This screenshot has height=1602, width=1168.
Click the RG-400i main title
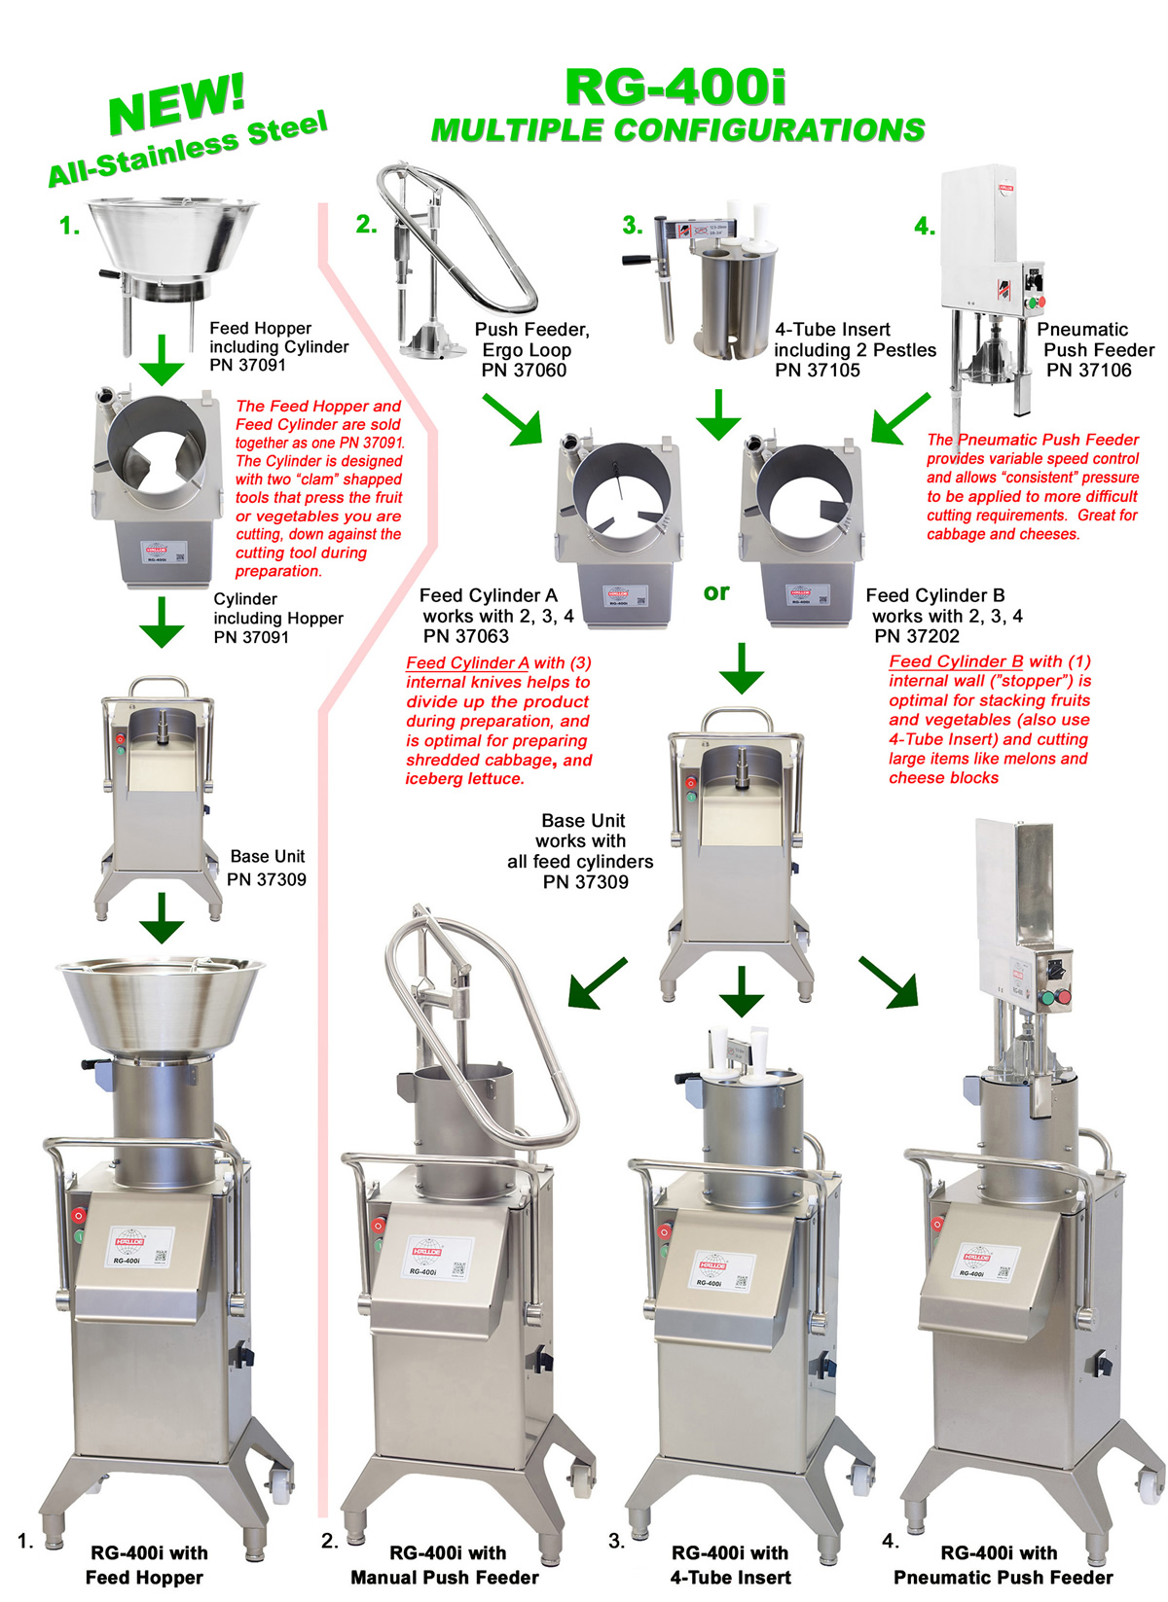(675, 88)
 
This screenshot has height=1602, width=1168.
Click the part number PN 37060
(524, 371)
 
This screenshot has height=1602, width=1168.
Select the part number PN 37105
(818, 371)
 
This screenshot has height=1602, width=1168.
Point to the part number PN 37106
(1088, 371)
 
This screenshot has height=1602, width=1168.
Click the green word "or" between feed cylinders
(716, 591)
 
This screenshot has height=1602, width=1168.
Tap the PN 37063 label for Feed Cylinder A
(465, 636)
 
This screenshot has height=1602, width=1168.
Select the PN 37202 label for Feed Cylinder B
(917, 636)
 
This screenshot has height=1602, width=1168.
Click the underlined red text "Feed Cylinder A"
(467, 663)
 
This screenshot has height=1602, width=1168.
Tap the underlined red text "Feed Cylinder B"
(956, 661)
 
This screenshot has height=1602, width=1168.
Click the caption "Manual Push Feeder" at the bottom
(445, 1578)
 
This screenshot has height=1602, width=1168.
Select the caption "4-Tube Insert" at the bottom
(730, 1578)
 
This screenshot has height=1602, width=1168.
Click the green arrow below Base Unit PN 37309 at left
(162, 917)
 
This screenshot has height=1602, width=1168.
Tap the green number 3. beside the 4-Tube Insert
(633, 226)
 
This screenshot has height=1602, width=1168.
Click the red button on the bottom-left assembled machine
(78, 1215)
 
